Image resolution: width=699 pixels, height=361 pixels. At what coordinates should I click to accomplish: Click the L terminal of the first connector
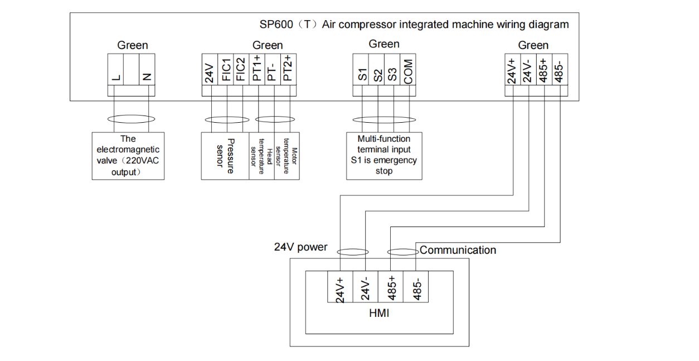(115, 70)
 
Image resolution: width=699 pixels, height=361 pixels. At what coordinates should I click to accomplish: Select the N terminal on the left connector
(147, 70)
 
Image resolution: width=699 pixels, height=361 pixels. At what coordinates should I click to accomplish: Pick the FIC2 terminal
(240, 70)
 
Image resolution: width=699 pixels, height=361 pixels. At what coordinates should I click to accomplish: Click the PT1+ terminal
(256, 70)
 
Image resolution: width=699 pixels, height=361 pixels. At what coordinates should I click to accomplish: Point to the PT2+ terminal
(287, 70)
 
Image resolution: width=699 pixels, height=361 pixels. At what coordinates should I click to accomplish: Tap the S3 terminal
(393, 70)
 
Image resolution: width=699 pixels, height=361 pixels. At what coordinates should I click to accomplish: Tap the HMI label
(379, 314)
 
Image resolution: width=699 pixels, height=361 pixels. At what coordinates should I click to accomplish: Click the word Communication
(458, 250)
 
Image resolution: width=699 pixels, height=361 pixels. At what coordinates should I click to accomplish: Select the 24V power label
(300, 247)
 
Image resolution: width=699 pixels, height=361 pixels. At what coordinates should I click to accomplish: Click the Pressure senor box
(225, 156)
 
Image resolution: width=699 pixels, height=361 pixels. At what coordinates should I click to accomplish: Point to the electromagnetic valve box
(128, 156)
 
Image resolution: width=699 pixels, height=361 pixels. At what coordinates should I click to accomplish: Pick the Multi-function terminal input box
(384, 155)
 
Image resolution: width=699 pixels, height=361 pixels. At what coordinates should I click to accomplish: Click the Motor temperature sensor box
(287, 156)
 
